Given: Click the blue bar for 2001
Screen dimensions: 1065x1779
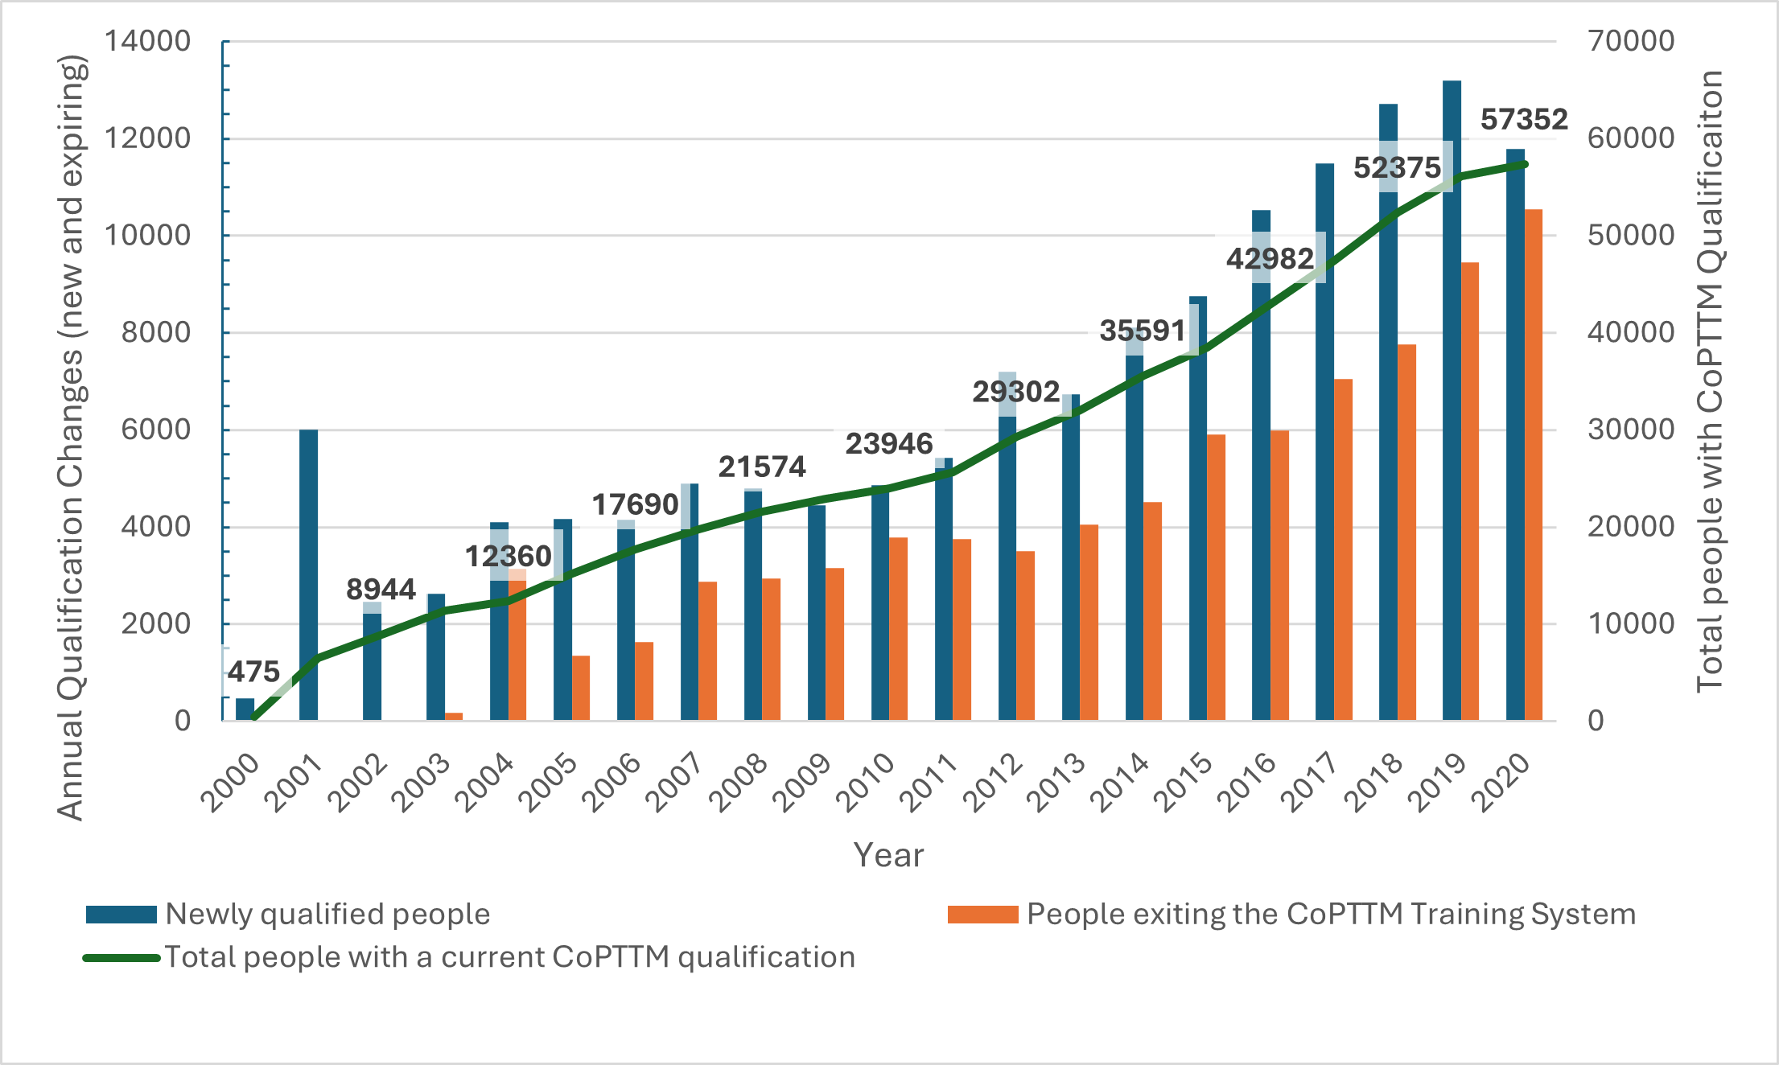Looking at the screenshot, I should (308, 575).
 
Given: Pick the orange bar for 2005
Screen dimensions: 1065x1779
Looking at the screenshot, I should (581, 688).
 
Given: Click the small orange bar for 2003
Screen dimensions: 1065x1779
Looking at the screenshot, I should (454, 716).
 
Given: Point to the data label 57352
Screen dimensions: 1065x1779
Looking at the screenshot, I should (1524, 120).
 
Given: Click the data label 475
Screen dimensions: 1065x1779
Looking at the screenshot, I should (253, 672).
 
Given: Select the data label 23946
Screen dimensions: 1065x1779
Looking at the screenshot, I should (888, 443).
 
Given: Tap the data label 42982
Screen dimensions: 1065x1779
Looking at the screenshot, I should (1270, 258).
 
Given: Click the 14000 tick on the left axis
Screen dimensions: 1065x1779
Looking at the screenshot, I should (147, 41).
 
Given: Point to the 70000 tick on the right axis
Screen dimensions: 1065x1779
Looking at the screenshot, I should (1631, 41).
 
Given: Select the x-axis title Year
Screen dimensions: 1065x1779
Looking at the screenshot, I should (888, 855).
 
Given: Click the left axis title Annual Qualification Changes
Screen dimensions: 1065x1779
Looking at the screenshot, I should (71, 438).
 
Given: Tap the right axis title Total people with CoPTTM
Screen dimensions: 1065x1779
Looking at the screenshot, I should (1709, 382).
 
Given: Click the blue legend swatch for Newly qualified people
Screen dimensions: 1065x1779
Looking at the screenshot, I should (121, 915).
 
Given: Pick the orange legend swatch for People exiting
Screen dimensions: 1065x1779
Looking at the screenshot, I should (982, 915).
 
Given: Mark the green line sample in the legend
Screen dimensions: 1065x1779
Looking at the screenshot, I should (121, 958).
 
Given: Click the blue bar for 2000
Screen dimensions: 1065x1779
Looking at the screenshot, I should (245, 709).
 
